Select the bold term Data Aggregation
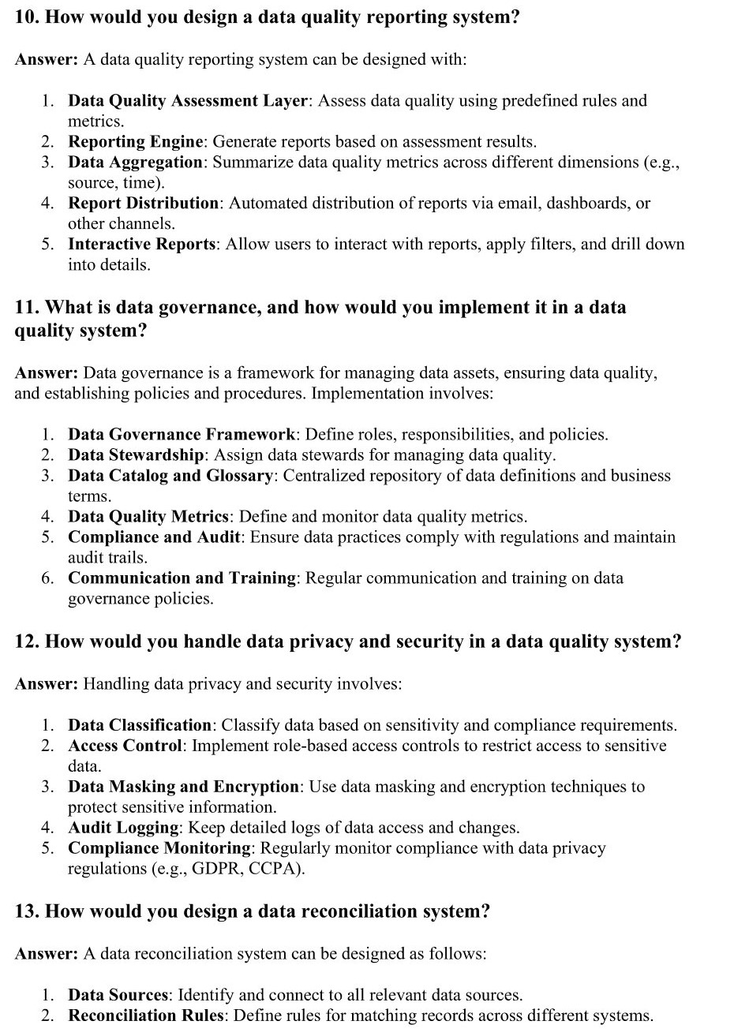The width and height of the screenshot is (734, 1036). point(135,163)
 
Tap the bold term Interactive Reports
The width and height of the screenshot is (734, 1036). point(141,245)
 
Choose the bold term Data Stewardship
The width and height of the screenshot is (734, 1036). point(137,455)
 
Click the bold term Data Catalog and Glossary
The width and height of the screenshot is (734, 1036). point(170,476)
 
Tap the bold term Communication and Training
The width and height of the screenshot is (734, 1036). point(182,578)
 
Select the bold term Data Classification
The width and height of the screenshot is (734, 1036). point(140,725)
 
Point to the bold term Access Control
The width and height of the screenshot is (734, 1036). point(125,746)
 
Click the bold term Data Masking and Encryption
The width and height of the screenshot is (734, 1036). point(183,787)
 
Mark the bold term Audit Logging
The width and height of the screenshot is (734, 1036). point(123,828)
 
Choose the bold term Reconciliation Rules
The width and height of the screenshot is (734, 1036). point(146,1015)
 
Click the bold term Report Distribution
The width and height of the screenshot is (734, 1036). point(143,204)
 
